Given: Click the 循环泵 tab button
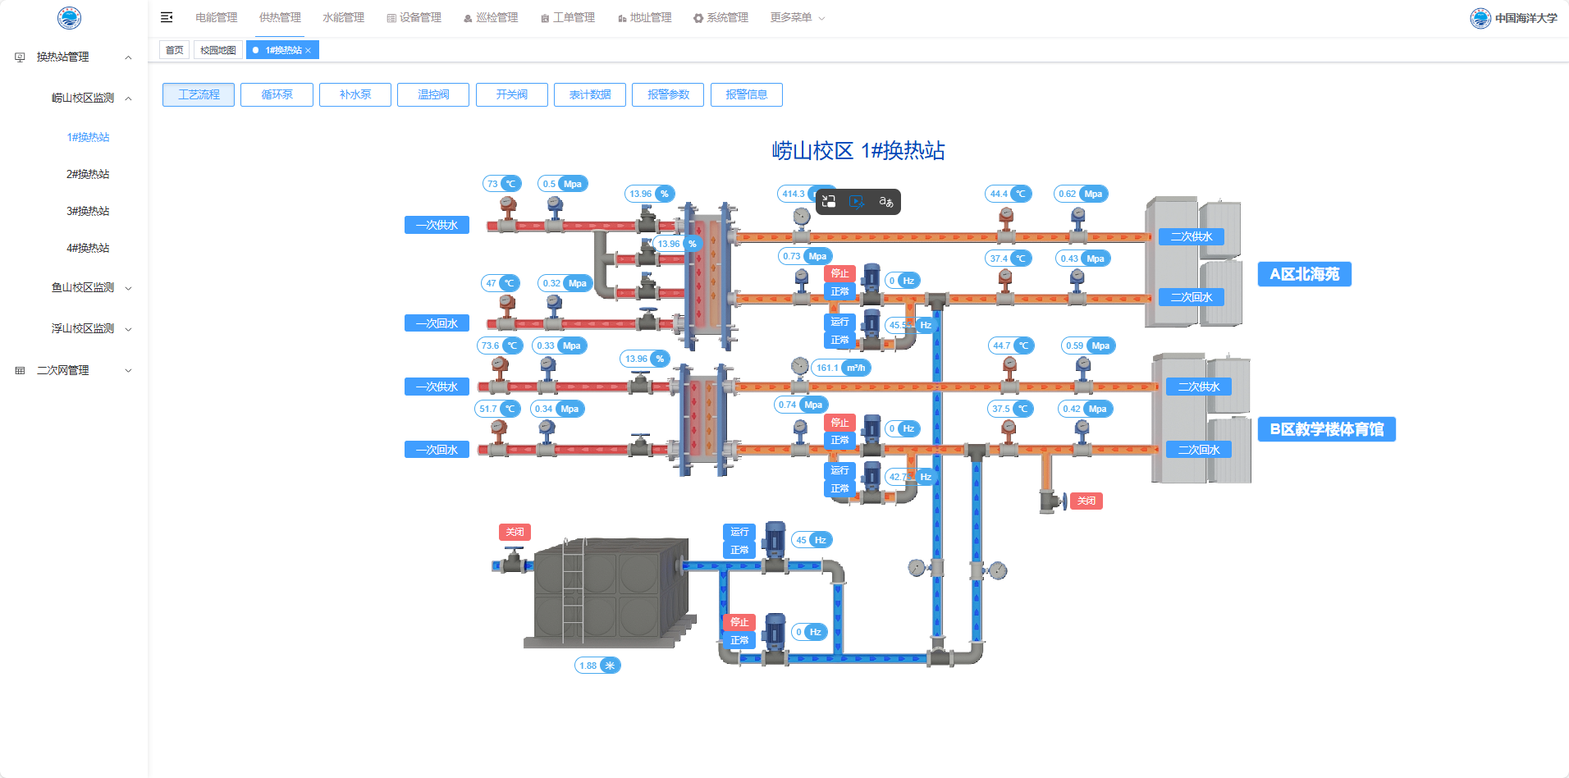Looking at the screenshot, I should pos(277,94).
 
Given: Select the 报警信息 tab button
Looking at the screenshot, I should pos(746,94).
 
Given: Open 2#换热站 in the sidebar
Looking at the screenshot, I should pos(88,174).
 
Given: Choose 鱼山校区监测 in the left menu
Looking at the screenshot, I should pos(83,287).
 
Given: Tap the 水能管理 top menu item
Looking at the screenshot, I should pos(343,17).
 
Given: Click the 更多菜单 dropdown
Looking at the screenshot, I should pos(797,17).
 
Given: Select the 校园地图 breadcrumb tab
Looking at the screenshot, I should pos(217,50).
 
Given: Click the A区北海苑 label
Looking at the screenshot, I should pos(1304,274).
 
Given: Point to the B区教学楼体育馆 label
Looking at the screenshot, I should pos(1326,429).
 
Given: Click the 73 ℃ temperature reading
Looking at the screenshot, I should pos(501,184).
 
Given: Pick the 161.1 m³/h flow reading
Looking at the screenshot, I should pos(840,368).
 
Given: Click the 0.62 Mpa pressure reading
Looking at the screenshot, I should pos(1081,194).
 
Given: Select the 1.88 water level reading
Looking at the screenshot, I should pos(597,666).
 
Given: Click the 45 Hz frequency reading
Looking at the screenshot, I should pos(811,540).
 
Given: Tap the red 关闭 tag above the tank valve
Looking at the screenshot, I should pos(515,532).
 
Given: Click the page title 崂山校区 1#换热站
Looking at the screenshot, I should pos(858,151).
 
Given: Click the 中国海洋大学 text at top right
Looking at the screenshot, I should pos(1525,18).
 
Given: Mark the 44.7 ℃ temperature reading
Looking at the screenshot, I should pos(1011,346).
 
